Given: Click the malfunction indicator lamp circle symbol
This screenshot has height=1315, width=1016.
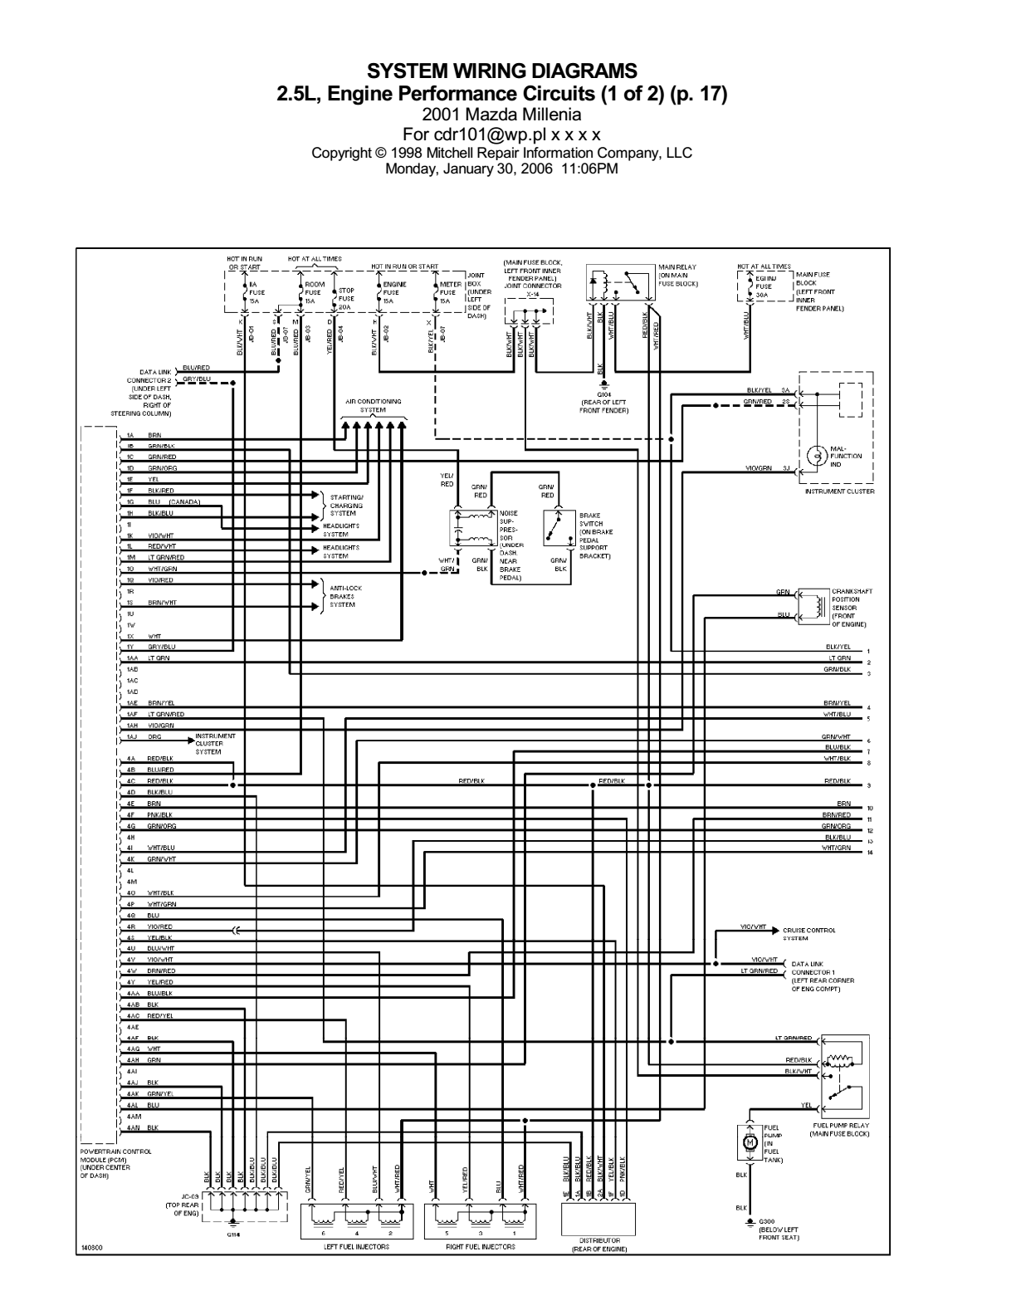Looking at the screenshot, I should tap(816, 456).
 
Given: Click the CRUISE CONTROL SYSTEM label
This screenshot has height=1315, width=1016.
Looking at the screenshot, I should tap(808, 934).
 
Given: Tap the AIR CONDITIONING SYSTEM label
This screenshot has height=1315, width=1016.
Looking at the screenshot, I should tap(373, 406).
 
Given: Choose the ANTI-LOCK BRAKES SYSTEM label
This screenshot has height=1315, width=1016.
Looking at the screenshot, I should tap(345, 596).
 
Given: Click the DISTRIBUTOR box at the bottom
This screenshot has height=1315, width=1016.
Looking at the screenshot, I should tap(598, 1220).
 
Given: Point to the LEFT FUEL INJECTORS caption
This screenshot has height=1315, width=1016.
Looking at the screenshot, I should tap(356, 1247).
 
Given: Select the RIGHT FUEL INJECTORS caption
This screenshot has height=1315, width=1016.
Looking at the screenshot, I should tap(481, 1247).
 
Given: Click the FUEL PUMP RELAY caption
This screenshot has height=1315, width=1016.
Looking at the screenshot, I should tap(841, 1130).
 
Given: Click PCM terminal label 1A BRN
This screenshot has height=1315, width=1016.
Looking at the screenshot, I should tap(143, 435).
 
